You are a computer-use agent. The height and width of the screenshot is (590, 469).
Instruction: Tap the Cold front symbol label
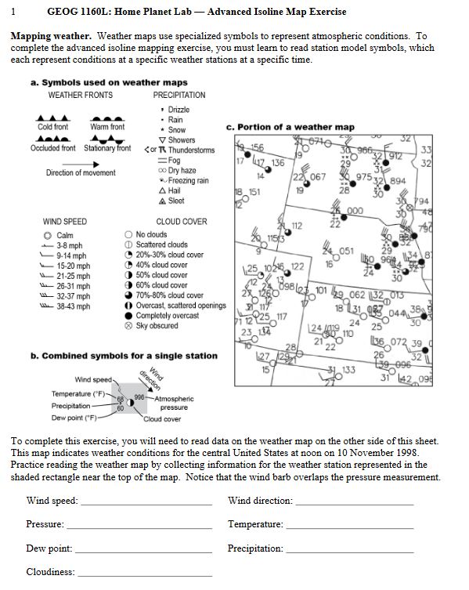point(52,127)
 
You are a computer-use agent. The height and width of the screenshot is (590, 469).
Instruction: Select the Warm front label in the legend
point(107,127)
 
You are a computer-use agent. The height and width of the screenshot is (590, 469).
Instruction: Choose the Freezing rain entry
point(182,180)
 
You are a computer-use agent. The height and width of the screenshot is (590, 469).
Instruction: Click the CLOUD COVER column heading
point(182,222)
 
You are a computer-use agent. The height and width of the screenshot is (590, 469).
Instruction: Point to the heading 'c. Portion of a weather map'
point(290,127)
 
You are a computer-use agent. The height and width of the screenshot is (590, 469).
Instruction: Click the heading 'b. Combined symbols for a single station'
point(124,356)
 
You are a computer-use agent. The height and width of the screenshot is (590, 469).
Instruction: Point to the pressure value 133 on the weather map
point(348,369)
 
